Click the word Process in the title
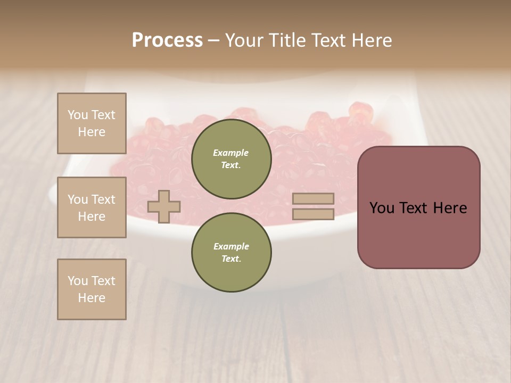[167, 40]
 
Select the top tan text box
[92, 123]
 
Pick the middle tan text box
[92, 207]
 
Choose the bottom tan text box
[92, 289]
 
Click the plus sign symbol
[164, 206]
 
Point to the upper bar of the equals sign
[313, 198]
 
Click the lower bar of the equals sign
[313, 214]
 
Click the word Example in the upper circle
[231, 153]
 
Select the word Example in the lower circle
[231, 246]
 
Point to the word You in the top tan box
[78, 115]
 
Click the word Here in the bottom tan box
[92, 298]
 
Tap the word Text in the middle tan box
[103, 199]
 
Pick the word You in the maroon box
[381, 208]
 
